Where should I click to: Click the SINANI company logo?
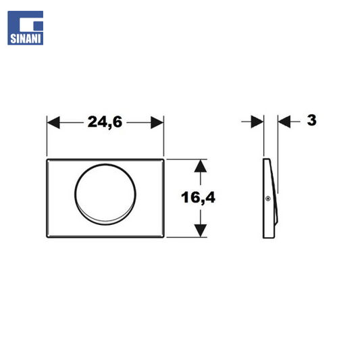point(25,28)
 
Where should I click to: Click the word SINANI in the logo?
point(25,38)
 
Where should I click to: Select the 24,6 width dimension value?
point(105,122)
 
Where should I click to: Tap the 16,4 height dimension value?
point(198,197)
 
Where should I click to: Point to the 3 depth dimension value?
point(311,120)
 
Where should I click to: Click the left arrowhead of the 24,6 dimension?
point(53,122)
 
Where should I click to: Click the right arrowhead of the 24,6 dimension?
point(157,122)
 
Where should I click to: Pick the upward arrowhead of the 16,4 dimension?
point(201,165)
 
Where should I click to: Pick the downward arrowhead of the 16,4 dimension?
point(201,230)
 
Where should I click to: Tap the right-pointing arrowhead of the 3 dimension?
point(257,122)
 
